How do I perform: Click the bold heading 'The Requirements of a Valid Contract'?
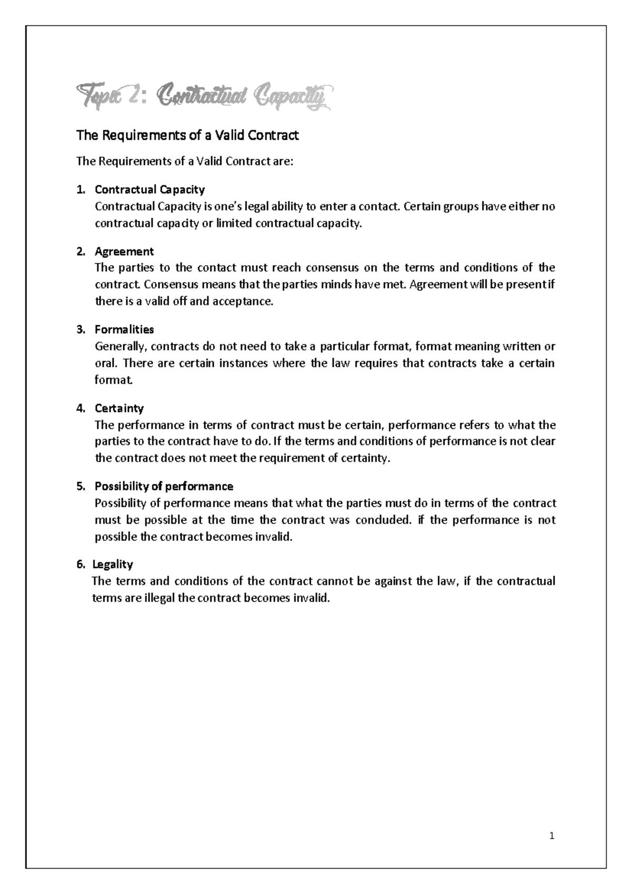187,135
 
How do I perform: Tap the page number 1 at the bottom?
552,835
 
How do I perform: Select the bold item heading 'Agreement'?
124,251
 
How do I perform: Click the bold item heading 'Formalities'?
124,329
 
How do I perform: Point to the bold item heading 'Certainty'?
119,408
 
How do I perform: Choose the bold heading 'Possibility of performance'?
164,486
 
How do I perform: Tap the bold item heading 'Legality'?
113,565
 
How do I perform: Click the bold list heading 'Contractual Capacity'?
150,189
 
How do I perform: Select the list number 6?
80,565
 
